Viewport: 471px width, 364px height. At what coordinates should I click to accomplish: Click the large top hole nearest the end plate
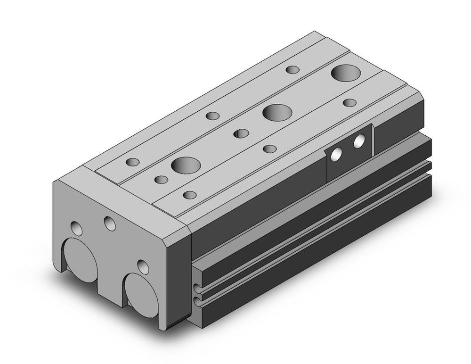point(186,165)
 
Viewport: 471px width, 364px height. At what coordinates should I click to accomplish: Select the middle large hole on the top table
point(276,113)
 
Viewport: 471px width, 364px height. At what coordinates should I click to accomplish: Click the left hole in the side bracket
point(337,155)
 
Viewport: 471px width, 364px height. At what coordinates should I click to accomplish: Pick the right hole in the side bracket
point(359,141)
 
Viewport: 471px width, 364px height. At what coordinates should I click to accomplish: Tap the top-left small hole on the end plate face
point(76,229)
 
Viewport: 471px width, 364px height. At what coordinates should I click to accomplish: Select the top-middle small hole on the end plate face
point(110,223)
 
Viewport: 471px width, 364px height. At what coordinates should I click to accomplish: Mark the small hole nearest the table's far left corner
point(293,70)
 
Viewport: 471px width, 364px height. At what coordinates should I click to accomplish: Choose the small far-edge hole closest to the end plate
point(133,162)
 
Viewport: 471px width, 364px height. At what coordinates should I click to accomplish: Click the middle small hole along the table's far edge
point(212,116)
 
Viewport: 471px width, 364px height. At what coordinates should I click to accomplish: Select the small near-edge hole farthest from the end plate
point(349,102)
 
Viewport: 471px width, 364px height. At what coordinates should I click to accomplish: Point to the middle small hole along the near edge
point(269,149)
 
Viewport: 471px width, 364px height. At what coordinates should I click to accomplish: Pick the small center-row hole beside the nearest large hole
point(161,179)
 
